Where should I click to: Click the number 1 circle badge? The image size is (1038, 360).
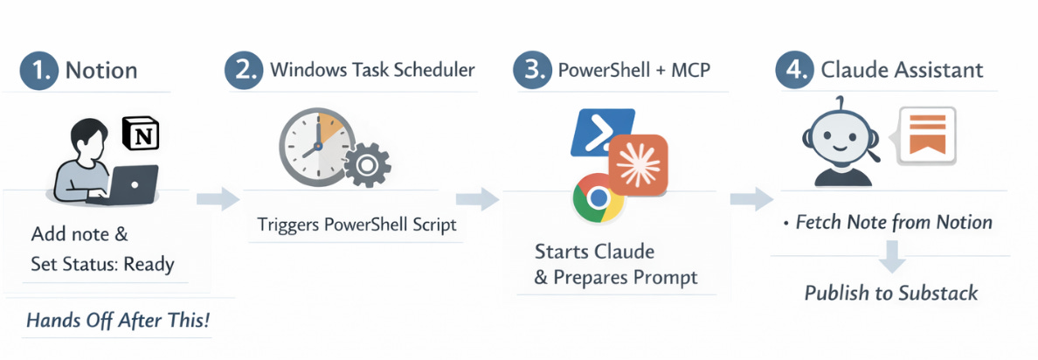pyautogui.click(x=38, y=70)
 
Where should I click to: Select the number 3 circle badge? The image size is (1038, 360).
pyautogui.click(x=531, y=70)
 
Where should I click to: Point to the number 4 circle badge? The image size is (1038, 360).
pyautogui.click(x=793, y=70)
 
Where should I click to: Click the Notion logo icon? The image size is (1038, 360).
pyautogui.click(x=141, y=135)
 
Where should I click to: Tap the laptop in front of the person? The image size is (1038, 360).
pyautogui.click(x=130, y=183)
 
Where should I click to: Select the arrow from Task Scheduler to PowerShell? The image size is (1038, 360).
pyautogui.click(x=477, y=198)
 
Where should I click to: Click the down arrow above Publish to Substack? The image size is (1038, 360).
pyautogui.click(x=891, y=255)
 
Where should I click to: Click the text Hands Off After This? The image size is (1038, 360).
pyautogui.click(x=118, y=321)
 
